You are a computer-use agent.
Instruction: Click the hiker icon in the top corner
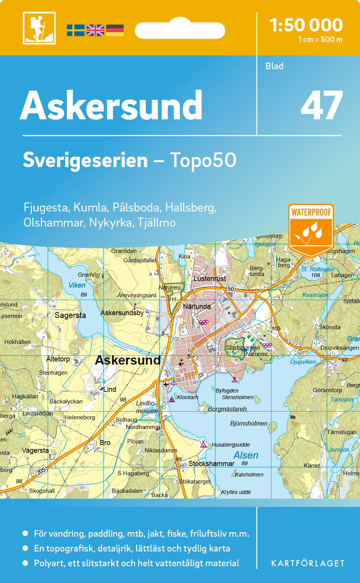tap(39, 28)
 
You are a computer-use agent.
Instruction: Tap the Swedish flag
tap(75, 30)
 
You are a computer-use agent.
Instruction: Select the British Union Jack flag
tap(95, 30)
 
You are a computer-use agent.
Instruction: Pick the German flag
tap(115, 30)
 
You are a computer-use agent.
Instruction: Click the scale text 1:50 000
tap(306, 25)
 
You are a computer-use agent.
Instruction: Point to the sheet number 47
tap(322, 106)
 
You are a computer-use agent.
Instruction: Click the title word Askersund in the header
tap(111, 106)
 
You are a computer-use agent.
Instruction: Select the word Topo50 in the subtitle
tap(203, 160)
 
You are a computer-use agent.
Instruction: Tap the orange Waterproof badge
tap(311, 229)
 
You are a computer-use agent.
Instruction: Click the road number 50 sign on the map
tap(231, 288)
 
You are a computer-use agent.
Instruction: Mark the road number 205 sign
tap(41, 471)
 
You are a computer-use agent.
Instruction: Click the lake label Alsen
tap(246, 455)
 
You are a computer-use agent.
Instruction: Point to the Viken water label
tap(77, 285)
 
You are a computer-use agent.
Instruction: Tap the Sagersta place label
tap(70, 315)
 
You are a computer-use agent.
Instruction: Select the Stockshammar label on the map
tap(211, 464)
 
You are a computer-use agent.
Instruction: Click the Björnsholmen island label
tap(249, 423)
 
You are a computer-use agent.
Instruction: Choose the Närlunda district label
tap(197, 307)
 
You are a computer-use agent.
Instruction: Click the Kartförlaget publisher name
tap(308, 564)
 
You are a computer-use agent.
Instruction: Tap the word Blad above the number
tap(274, 66)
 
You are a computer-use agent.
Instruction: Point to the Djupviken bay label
tap(303, 362)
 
